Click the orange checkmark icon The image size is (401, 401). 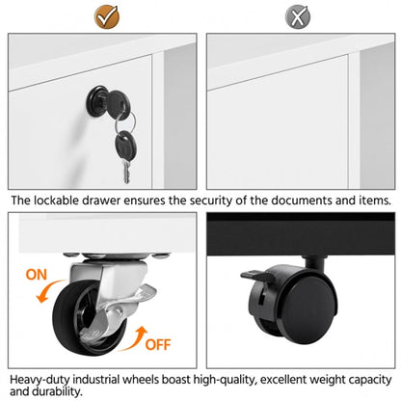point(107,16)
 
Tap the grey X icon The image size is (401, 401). point(298,16)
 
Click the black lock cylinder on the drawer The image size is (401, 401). point(96,98)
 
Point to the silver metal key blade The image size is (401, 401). point(126,172)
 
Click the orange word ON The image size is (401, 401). point(37,275)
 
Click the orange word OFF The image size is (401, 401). point(158,344)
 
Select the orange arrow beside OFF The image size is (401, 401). point(134,339)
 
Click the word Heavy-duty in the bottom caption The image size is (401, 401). point(40,381)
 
